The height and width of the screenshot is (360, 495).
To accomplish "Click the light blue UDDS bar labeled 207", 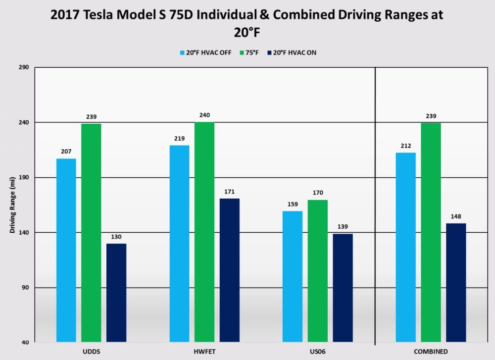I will (x=66, y=250).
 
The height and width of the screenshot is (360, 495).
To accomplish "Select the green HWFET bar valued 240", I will (x=204, y=232).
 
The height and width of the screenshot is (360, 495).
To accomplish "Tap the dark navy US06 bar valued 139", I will (x=343, y=288).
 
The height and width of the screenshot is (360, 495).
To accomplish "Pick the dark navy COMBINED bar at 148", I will (x=456, y=282).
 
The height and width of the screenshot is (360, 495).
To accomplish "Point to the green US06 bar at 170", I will (x=317, y=271).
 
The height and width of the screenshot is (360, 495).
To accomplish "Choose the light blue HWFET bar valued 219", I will (x=179, y=243).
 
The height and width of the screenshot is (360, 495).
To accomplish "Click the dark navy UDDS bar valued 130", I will (x=116, y=292).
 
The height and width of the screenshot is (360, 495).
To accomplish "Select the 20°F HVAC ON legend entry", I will (x=291, y=52).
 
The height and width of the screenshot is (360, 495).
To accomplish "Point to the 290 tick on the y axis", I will (x=24, y=67).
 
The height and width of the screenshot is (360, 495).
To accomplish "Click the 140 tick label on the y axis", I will (x=24, y=233).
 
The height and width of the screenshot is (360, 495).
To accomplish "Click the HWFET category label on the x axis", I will (x=204, y=352).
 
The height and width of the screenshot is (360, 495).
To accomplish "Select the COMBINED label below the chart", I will (x=431, y=352).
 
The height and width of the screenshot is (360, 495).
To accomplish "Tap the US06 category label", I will (x=317, y=352).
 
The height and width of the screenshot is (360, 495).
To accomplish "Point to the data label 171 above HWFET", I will (x=229, y=192).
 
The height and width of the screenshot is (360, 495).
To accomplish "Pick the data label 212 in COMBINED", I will (x=406, y=146).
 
